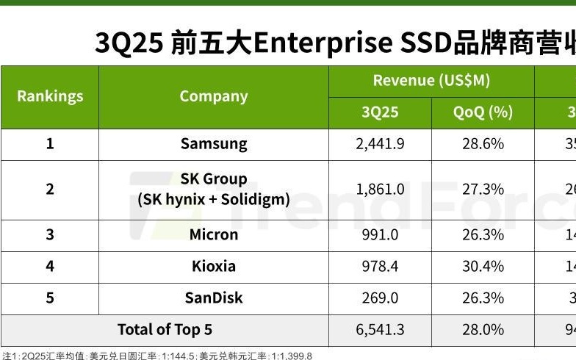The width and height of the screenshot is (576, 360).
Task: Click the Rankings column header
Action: click(50, 96)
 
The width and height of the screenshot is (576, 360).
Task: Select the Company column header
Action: click(214, 96)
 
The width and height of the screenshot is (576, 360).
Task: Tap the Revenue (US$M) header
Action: click(431, 81)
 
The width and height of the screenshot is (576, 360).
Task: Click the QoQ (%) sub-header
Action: click(483, 112)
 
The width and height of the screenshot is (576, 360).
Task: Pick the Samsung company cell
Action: click(214, 144)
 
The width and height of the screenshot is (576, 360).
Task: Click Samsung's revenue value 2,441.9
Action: click(380, 144)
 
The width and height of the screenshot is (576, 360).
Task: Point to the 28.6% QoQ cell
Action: click(483, 144)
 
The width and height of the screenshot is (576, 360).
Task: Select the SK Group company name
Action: click(214, 179)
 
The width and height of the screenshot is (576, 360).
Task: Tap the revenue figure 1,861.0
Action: click(380, 189)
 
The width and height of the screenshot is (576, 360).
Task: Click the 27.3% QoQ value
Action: click(483, 189)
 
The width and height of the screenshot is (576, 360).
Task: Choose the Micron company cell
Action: click(214, 234)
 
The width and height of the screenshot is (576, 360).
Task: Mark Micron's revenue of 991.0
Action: click(380, 234)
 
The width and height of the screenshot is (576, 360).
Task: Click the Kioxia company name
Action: click(214, 266)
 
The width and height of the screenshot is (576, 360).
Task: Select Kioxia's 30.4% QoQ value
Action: click(483, 266)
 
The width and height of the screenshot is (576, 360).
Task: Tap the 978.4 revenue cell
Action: click(380, 266)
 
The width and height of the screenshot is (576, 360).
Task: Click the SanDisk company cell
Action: click(214, 298)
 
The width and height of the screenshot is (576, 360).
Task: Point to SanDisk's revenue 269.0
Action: click(380, 298)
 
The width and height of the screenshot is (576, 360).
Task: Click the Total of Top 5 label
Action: click(165, 329)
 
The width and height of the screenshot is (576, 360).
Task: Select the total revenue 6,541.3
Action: click(380, 329)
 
